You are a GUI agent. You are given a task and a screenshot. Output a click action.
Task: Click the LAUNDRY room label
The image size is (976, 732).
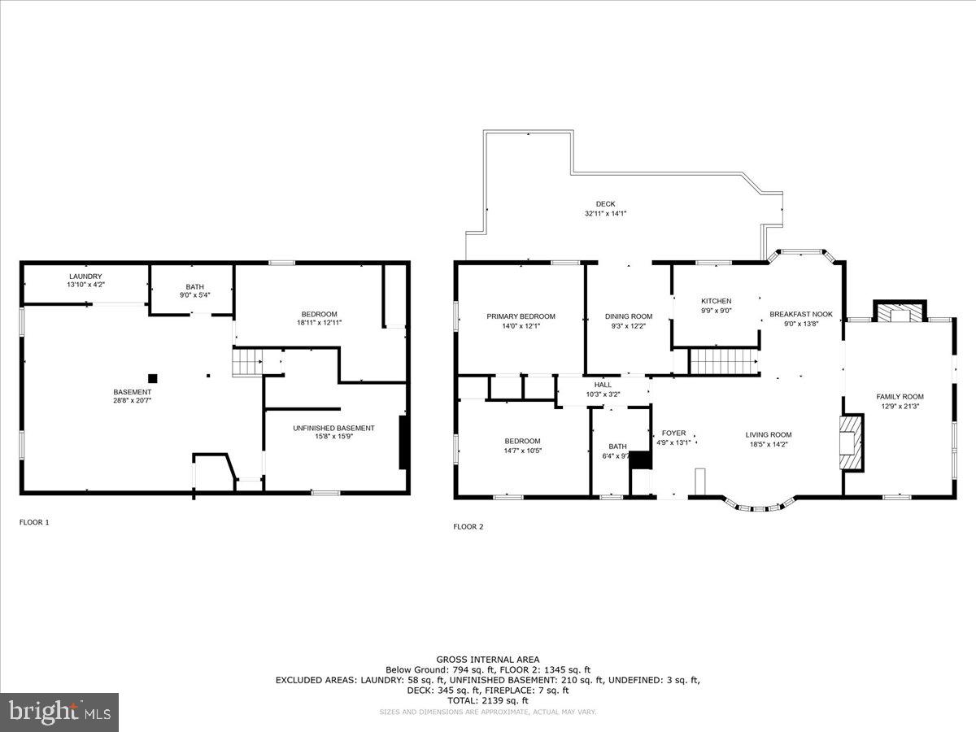click(x=85, y=276)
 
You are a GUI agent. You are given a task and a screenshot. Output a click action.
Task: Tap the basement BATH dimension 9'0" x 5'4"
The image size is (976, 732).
click(x=194, y=294)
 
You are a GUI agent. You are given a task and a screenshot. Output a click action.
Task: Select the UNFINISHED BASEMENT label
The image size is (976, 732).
click(x=333, y=428)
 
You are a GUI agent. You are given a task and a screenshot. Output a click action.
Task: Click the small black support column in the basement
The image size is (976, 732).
click(x=152, y=377)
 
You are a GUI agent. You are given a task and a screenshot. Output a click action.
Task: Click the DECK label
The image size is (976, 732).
click(x=605, y=203)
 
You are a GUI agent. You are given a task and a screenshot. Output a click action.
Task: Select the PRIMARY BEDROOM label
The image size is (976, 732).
click(x=521, y=316)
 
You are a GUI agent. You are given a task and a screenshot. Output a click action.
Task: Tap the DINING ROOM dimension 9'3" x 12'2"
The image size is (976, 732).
click(x=629, y=325)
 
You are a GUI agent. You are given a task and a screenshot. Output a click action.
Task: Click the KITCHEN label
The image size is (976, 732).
click(x=716, y=301)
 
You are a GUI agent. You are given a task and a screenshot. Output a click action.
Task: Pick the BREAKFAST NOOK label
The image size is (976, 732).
click(x=801, y=313)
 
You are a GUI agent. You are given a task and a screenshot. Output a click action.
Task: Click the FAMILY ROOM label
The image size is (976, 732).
click(x=900, y=397)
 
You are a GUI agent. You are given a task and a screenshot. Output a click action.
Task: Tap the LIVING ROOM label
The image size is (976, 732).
click(x=769, y=434)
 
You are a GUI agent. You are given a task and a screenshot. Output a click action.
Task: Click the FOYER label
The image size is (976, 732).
click(x=673, y=434)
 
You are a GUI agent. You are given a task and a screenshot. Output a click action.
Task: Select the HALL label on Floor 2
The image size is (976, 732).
click(x=603, y=385)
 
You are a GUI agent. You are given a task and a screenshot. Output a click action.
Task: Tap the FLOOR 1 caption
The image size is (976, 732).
click(x=34, y=522)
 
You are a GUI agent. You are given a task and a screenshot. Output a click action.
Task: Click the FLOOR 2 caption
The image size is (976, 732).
click(x=468, y=526)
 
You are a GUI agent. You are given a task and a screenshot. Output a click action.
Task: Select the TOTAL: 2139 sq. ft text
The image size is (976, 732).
click(x=487, y=700)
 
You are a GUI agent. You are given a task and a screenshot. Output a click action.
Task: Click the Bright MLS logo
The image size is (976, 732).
click(x=59, y=712)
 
